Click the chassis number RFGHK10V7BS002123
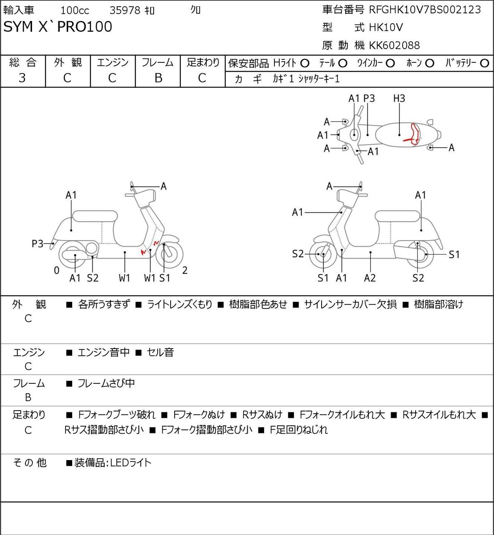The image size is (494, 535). [x=425, y=10]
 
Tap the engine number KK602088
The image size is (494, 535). [x=394, y=45]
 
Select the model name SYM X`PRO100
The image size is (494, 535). [x=57, y=27]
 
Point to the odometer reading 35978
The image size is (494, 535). [x=125, y=11]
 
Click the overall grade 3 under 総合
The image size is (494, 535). [x=22, y=78]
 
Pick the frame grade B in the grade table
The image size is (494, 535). [x=158, y=78]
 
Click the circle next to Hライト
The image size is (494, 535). [x=305, y=64]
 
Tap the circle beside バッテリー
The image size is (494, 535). [x=484, y=63]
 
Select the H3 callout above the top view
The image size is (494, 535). [x=399, y=99]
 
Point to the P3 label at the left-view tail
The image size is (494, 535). [x=37, y=244]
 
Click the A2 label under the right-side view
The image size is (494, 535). [x=370, y=278]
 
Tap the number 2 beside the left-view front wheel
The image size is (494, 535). [x=185, y=270]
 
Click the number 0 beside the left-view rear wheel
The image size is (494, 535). [x=57, y=270]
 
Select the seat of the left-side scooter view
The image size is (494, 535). [x=95, y=216]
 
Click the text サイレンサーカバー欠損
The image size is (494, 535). [x=350, y=305]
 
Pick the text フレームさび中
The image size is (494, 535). [x=106, y=383]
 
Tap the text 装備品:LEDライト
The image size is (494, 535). [x=113, y=463]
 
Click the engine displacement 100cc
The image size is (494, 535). [x=75, y=11]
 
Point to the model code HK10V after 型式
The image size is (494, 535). [x=386, y=28]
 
